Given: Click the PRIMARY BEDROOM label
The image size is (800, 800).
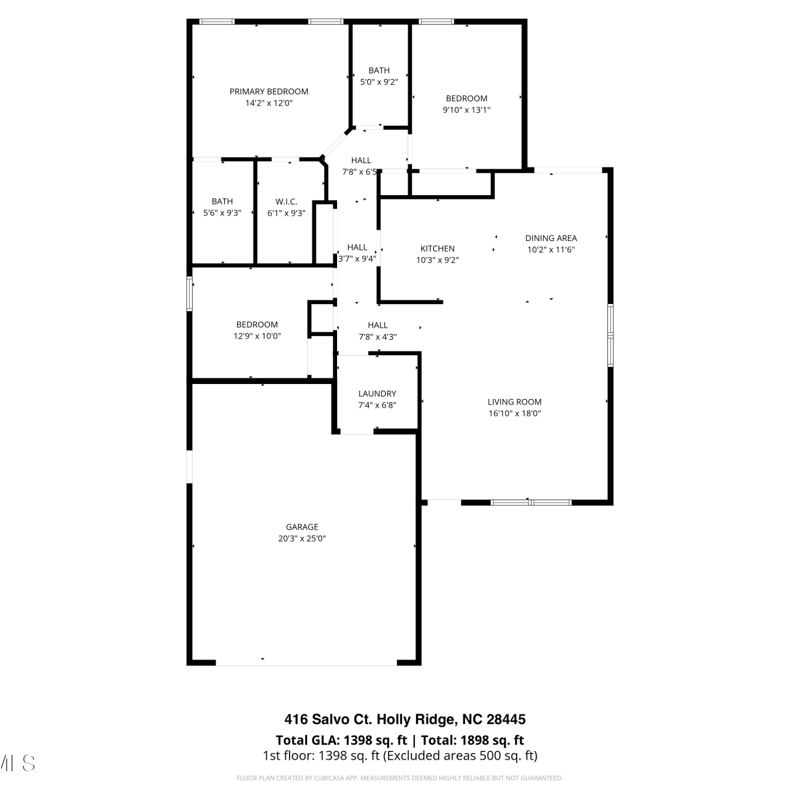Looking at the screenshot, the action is tap(269, 92).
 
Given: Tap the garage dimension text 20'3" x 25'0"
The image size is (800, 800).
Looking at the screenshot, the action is tap(302, 539).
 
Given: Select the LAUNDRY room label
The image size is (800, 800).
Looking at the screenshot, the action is tap(377, 394).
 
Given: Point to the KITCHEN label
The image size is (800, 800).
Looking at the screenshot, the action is tap(437, 249).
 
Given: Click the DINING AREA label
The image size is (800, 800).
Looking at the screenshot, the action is tap(551, 238).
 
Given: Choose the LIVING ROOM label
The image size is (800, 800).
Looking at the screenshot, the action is tap(515, 402).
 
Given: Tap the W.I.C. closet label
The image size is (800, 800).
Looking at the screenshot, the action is tap(286, 202).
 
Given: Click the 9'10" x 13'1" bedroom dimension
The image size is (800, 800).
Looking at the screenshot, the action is tap(467, 110).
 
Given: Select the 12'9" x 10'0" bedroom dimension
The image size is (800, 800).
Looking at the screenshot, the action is tap(257, 337).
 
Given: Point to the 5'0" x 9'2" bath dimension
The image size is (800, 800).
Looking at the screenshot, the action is tap(379, 82).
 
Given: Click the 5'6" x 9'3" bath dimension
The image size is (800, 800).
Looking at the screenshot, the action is tap(222, 213).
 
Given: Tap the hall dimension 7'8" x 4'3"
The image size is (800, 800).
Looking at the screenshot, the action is tap(378, 337).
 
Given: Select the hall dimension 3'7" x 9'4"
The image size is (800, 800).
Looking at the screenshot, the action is tap(357, 259).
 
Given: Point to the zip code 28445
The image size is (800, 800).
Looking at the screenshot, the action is tap(506, 719).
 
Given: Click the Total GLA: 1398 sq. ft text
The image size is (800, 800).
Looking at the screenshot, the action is tap(341, 740).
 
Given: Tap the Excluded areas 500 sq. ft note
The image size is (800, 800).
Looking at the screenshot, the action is tap(460, 756).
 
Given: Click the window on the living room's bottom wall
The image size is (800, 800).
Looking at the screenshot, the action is tap(531, 502).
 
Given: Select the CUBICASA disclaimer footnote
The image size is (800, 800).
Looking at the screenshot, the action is tap(400, 778).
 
